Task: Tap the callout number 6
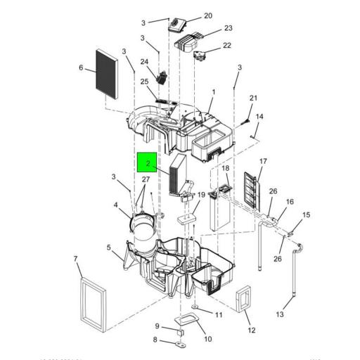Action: coord(81,68)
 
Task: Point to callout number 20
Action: coord(188,15)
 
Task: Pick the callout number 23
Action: coord(228,29)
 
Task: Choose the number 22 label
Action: coord(226,46)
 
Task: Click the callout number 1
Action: coord(213,92)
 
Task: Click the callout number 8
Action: coord(156,341)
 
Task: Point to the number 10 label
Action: coord(207,339)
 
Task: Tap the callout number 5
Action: coord(109,247)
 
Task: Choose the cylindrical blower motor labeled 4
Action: coord(145,232)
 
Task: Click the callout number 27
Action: coord(145,180)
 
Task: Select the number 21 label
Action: coord(254,98)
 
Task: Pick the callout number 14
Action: coord(259,116)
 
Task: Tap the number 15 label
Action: coord(306,215)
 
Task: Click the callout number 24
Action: coord(144,62)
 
